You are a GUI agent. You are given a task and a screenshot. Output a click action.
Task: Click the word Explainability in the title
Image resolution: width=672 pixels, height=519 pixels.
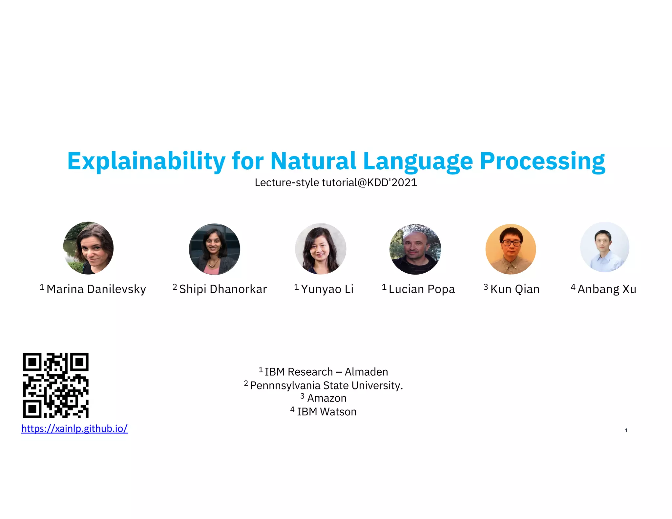pos(146,161)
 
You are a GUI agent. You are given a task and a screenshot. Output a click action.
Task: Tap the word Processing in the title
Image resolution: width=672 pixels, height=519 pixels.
pos(542,161)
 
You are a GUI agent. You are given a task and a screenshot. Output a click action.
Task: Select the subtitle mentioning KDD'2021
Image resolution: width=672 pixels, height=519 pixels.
pos(336,182)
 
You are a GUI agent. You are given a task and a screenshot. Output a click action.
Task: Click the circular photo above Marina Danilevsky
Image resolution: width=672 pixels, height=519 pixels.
pos(88,248)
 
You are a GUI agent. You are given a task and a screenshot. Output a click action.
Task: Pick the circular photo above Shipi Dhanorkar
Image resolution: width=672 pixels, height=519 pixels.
pos(215,249)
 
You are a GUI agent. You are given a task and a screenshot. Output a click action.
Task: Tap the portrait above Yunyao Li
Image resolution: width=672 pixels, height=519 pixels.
pos(320,249)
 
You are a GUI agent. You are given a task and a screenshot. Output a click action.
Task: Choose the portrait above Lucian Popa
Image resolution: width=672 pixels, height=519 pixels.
pos(415,249)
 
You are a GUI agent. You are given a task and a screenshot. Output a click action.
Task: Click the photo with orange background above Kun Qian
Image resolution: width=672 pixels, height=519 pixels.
pos(511,249)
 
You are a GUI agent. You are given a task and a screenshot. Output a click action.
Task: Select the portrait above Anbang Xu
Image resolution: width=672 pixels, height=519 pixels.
pos(605,247)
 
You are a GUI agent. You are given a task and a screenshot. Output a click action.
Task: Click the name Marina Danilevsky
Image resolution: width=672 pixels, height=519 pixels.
pos(96,289)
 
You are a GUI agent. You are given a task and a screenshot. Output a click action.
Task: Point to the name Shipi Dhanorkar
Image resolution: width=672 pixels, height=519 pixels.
pos(223,289)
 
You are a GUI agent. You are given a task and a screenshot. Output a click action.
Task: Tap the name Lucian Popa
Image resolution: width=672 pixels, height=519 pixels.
pos(422,289)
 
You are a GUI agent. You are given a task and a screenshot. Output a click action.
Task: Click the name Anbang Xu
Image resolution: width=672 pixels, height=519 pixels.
pos(607,289)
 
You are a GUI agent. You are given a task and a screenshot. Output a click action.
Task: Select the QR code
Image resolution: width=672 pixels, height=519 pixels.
pos(56,385)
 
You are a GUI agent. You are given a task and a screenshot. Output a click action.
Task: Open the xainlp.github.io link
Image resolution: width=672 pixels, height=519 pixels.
pos(74,428)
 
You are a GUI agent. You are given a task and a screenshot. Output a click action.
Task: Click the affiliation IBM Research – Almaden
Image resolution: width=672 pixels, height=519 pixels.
pos(326,372)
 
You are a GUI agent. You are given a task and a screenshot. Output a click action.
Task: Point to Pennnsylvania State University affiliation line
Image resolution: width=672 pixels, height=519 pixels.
pos(326,385)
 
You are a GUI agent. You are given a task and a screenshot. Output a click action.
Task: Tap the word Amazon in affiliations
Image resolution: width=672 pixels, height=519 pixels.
pos(326,398)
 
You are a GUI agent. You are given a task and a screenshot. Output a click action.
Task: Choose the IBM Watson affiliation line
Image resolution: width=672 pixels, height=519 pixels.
pos(326,412)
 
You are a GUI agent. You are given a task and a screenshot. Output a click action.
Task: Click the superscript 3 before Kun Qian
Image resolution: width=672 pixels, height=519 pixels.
pos(486,287)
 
